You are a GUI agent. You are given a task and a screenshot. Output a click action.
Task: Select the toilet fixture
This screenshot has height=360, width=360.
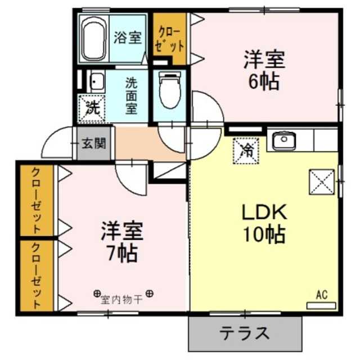point(168,90)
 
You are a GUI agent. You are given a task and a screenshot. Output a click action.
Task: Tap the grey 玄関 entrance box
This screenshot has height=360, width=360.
point(94,143)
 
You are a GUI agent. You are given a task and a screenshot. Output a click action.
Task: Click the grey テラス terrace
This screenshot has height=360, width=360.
point(245,332)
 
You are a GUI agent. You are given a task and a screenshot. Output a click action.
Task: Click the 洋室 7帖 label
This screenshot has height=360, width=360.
point(122,241)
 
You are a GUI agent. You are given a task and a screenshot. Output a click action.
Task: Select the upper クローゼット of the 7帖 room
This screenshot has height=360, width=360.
point(37,200)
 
